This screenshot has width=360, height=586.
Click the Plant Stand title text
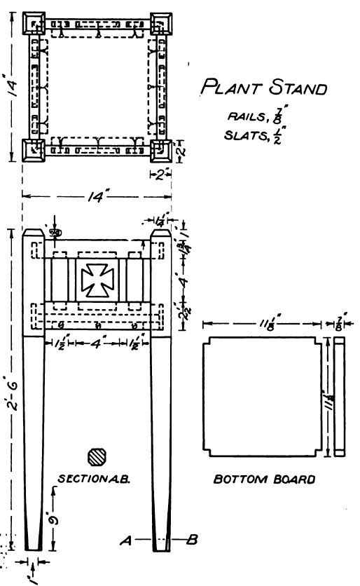pyautogui.click(x=264, y=88)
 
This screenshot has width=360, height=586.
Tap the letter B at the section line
pyautogui.click(x=192, y=540)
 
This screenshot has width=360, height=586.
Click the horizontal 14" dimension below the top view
pyautogui.click(x=94, y=198)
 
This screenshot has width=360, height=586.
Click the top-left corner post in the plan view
pyautogui.click(x=32, y=24)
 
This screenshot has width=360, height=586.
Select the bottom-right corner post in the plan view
pyautogui.click(x=160, y=150)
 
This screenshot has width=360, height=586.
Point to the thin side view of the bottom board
pyautogui.click(x=340, y=396)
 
